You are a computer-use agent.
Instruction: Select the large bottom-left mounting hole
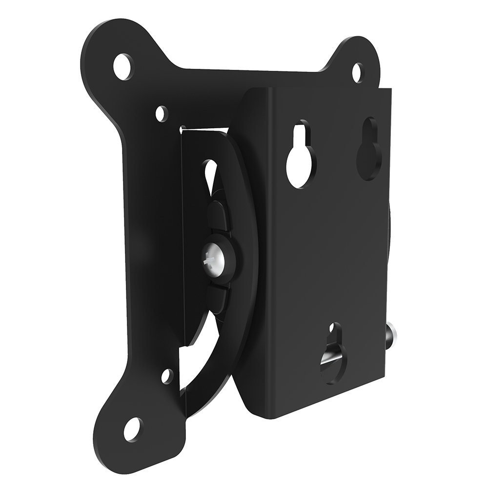point(132,429)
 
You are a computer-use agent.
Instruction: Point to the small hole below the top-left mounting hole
point(162,113)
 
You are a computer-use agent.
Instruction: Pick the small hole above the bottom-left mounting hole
point(167,375)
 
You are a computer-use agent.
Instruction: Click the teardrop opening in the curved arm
point(210,175)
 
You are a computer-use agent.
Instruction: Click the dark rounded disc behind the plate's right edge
point(390,229)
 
